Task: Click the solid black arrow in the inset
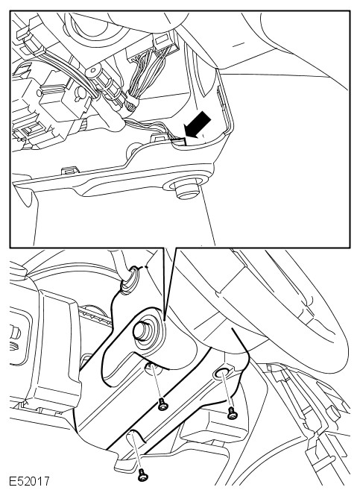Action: [198, 125]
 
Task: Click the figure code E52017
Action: [29, 481]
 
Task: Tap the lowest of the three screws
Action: [143, 474]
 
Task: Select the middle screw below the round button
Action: [162, 404]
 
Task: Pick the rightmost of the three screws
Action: [232, 413]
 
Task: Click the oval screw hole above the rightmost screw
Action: [221, 374]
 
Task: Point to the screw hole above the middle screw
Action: [152, 367]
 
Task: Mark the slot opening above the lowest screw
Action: [135, 437]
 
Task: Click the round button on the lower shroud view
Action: [143, 330]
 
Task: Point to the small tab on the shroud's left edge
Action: [69, 170]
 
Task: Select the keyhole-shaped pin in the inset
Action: [80, 94]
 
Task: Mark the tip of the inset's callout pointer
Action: [165, 318]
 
